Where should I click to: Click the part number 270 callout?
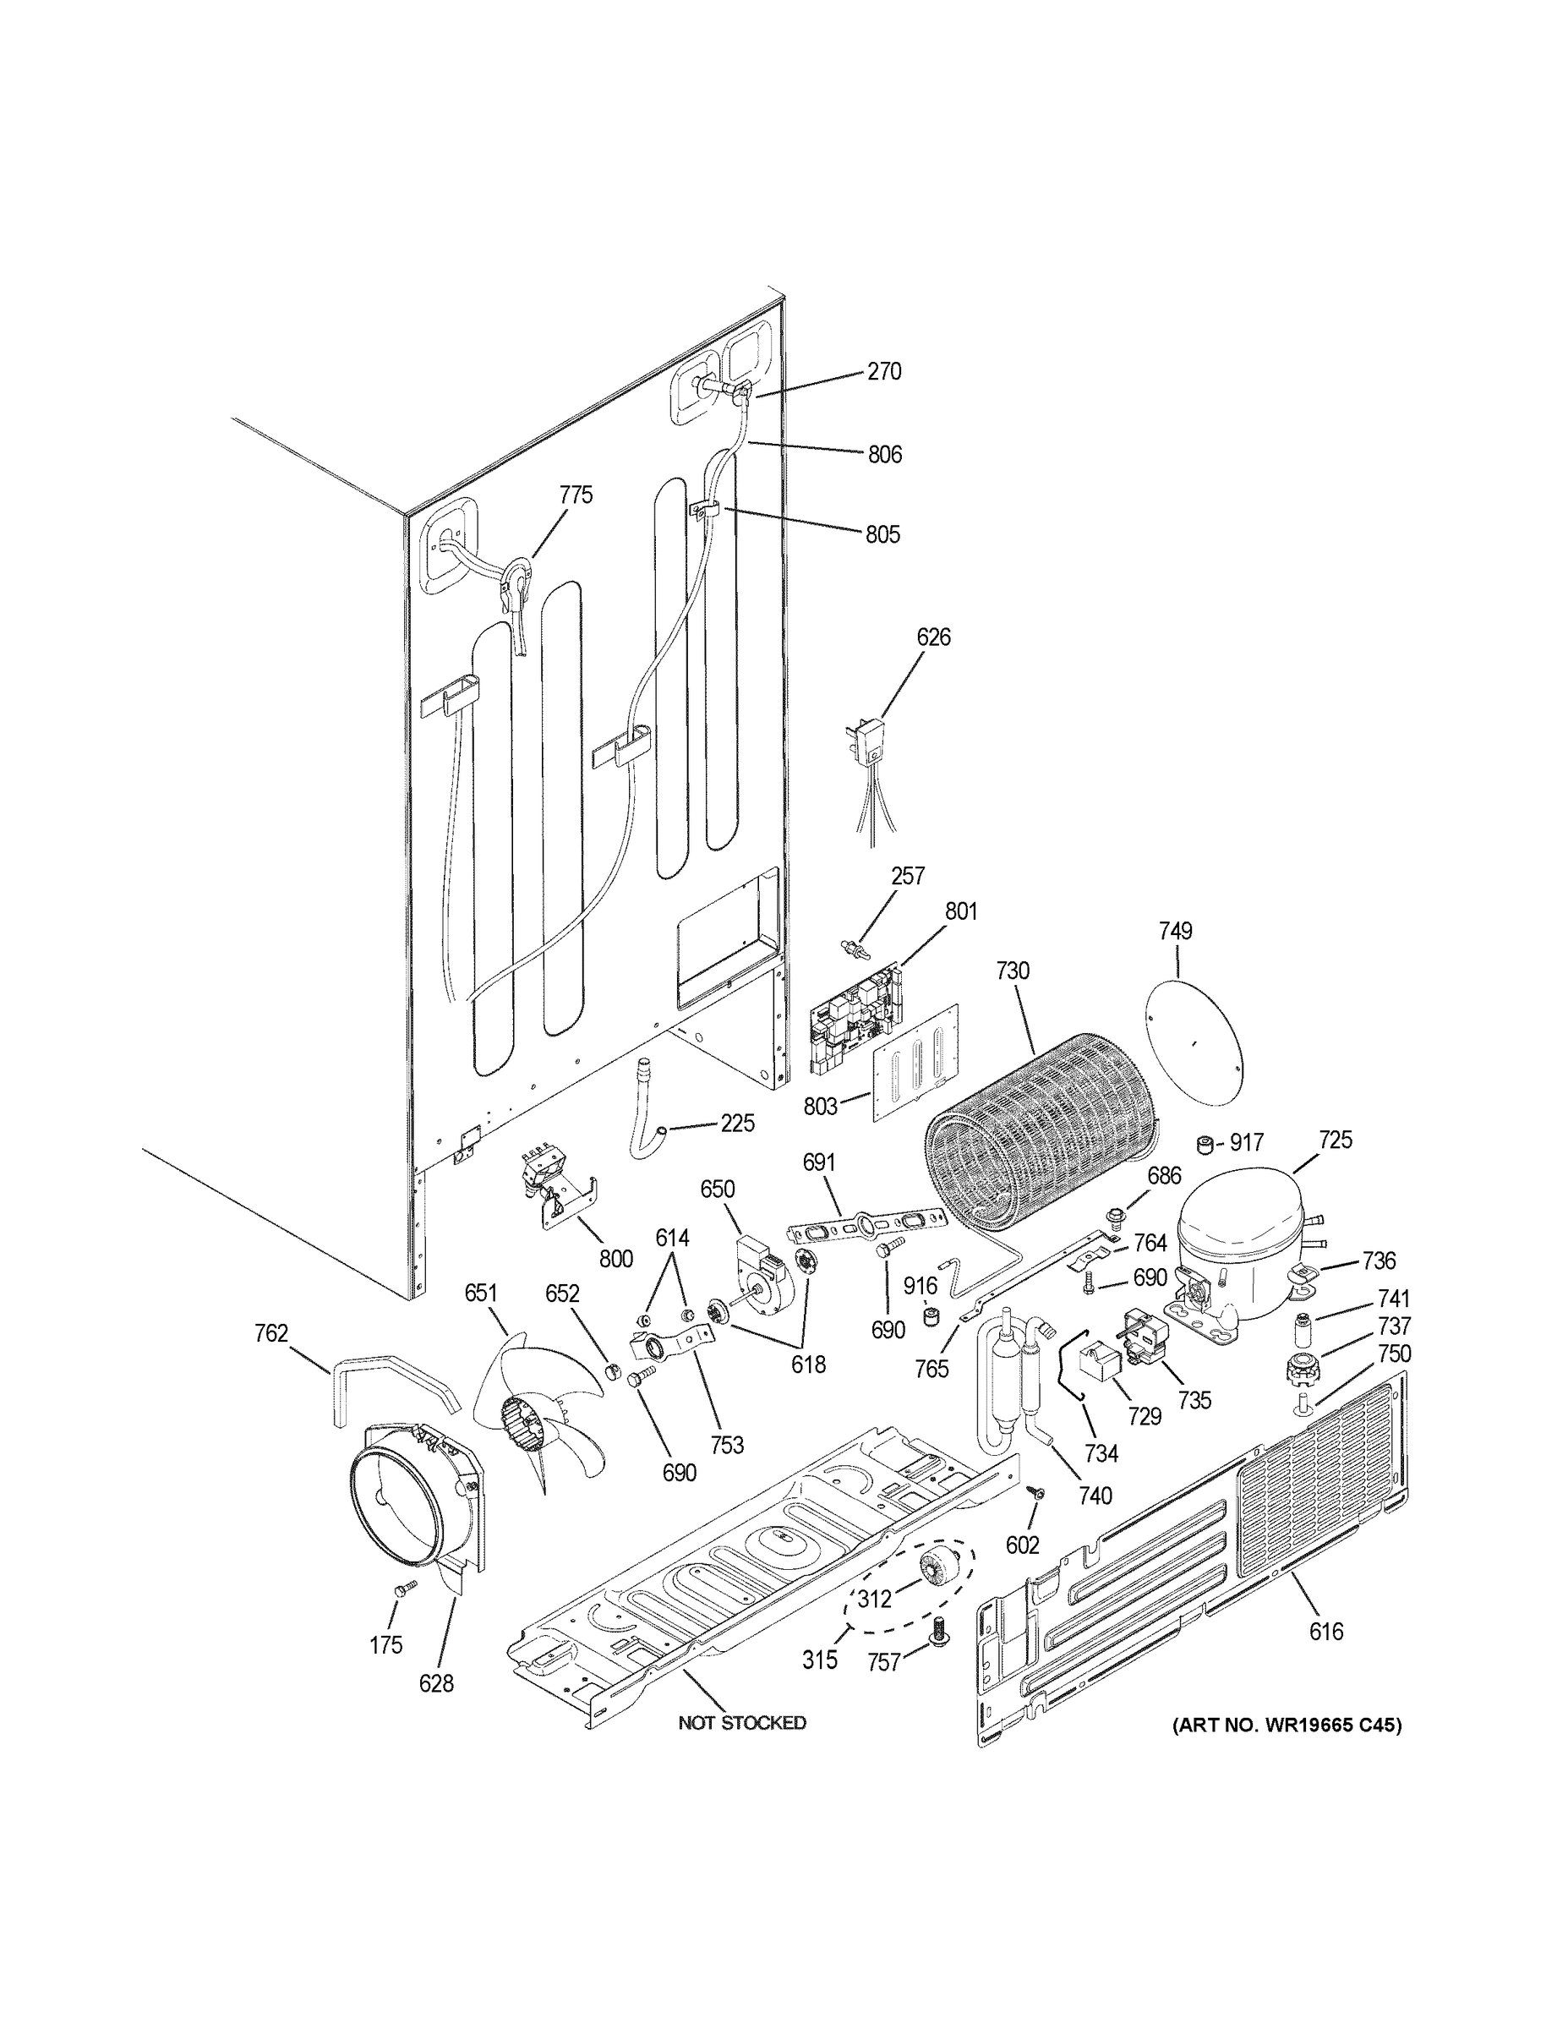pos(883,372)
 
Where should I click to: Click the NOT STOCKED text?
pos(741,1723)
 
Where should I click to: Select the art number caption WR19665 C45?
pos(1287,1725)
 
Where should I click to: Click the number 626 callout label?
pos(932,637)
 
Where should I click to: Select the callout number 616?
pos(1325,1631)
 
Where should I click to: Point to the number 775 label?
pos(575,495)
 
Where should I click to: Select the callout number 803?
pos(820,1106)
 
